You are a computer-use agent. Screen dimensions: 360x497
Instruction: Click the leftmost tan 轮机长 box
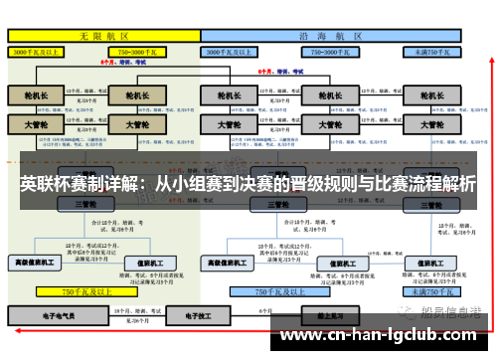click(36, 96)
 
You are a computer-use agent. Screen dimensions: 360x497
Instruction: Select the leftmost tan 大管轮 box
click(36, 126)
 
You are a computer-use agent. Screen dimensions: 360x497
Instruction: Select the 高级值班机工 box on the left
click(36, 263)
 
